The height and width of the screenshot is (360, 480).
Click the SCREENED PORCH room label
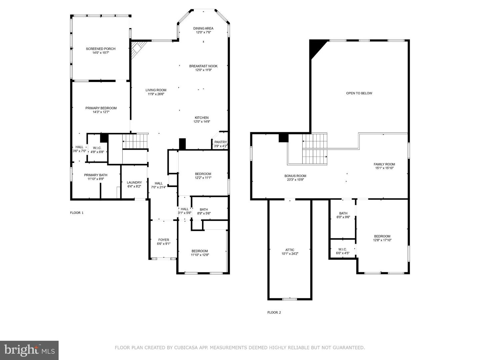(101, 49)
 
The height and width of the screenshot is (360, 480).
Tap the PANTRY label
(220, 142)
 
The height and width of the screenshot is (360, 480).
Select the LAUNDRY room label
(134, 183)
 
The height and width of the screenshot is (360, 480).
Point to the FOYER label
(164, 240)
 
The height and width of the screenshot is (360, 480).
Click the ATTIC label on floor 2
(290, 250)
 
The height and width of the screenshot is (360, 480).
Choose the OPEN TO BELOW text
(359, 93)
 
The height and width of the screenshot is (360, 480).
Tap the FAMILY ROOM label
(384, 164)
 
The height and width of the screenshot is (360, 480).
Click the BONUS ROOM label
(295, 176)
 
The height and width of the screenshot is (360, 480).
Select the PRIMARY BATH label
(96, 175)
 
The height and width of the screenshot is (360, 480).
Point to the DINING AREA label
(203, 28)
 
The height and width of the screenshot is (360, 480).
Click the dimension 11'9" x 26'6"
(156, 94)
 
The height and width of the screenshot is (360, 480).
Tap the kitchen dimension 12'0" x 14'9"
(202, 122)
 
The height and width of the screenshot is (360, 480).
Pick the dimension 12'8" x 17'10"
(382, 240)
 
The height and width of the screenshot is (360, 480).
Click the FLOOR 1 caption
(77, 213)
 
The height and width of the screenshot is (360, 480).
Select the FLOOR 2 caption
(274, 313)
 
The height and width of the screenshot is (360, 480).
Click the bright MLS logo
(29, 350)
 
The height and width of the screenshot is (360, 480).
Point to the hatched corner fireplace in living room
(137, 49)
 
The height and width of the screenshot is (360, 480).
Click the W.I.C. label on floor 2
(342, 249)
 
